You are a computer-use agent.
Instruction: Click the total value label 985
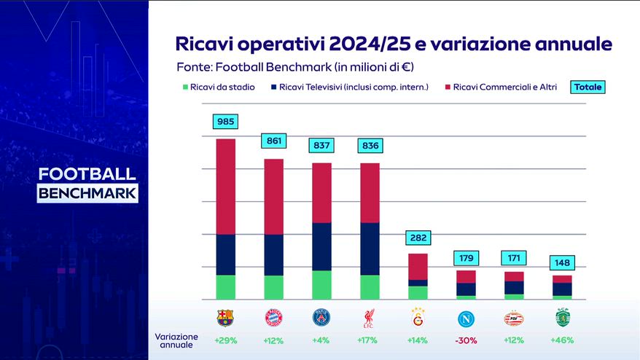click(x=225, y=122)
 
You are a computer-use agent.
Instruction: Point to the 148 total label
click(x=561, y=262)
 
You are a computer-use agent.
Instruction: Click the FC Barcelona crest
click(x=225, y=318)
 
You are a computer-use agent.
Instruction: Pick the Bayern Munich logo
click(x=273, y=318)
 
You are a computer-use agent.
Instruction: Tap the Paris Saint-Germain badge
click(x=321, y=318)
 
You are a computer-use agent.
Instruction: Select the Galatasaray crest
click(x=417, y=318)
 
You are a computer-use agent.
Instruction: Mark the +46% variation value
click(x=561, y=340)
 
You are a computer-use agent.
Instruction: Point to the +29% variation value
click(x=225, y=340)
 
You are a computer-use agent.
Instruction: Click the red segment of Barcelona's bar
click(x=225, y=187)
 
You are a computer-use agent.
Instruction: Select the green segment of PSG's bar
click(x=321, y=285)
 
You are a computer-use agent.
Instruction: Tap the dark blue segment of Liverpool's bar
click(x=370, y=249)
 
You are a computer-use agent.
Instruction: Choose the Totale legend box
click(x=588, y=87)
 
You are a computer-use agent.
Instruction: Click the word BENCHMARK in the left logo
click(x=87, y=194)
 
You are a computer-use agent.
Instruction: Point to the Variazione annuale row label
click(x=176, y=340)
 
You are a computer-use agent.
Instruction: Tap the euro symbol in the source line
click(x=402, y=67)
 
